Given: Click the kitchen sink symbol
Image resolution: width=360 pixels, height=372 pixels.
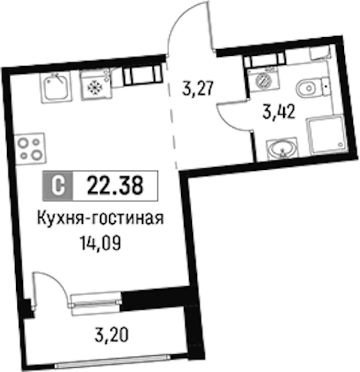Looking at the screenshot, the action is click(56, 88).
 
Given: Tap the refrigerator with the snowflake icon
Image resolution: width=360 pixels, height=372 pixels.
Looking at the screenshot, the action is click(95, 85).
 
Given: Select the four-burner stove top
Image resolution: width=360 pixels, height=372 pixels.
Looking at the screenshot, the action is click(29, 149).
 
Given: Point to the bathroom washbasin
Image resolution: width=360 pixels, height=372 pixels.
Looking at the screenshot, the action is click(282, 148).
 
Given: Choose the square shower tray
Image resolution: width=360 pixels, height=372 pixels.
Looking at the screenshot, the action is click(326, 136).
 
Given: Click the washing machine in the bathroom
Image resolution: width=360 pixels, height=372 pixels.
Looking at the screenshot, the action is click(263, 79).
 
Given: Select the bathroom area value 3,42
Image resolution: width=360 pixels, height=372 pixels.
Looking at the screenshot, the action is click(279, 112).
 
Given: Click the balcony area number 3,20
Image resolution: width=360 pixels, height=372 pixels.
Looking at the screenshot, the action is click(112, 334).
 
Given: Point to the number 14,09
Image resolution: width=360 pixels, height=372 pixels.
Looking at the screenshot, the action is click(101, 243).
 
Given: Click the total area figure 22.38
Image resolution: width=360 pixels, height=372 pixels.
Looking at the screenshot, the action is click(115, 185).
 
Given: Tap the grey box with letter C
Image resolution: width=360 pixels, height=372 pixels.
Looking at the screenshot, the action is click(58, 186).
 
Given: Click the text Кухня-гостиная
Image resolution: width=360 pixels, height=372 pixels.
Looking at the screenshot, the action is click(101, 218).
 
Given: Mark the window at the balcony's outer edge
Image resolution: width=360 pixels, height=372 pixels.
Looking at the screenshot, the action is click(112, 360).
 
